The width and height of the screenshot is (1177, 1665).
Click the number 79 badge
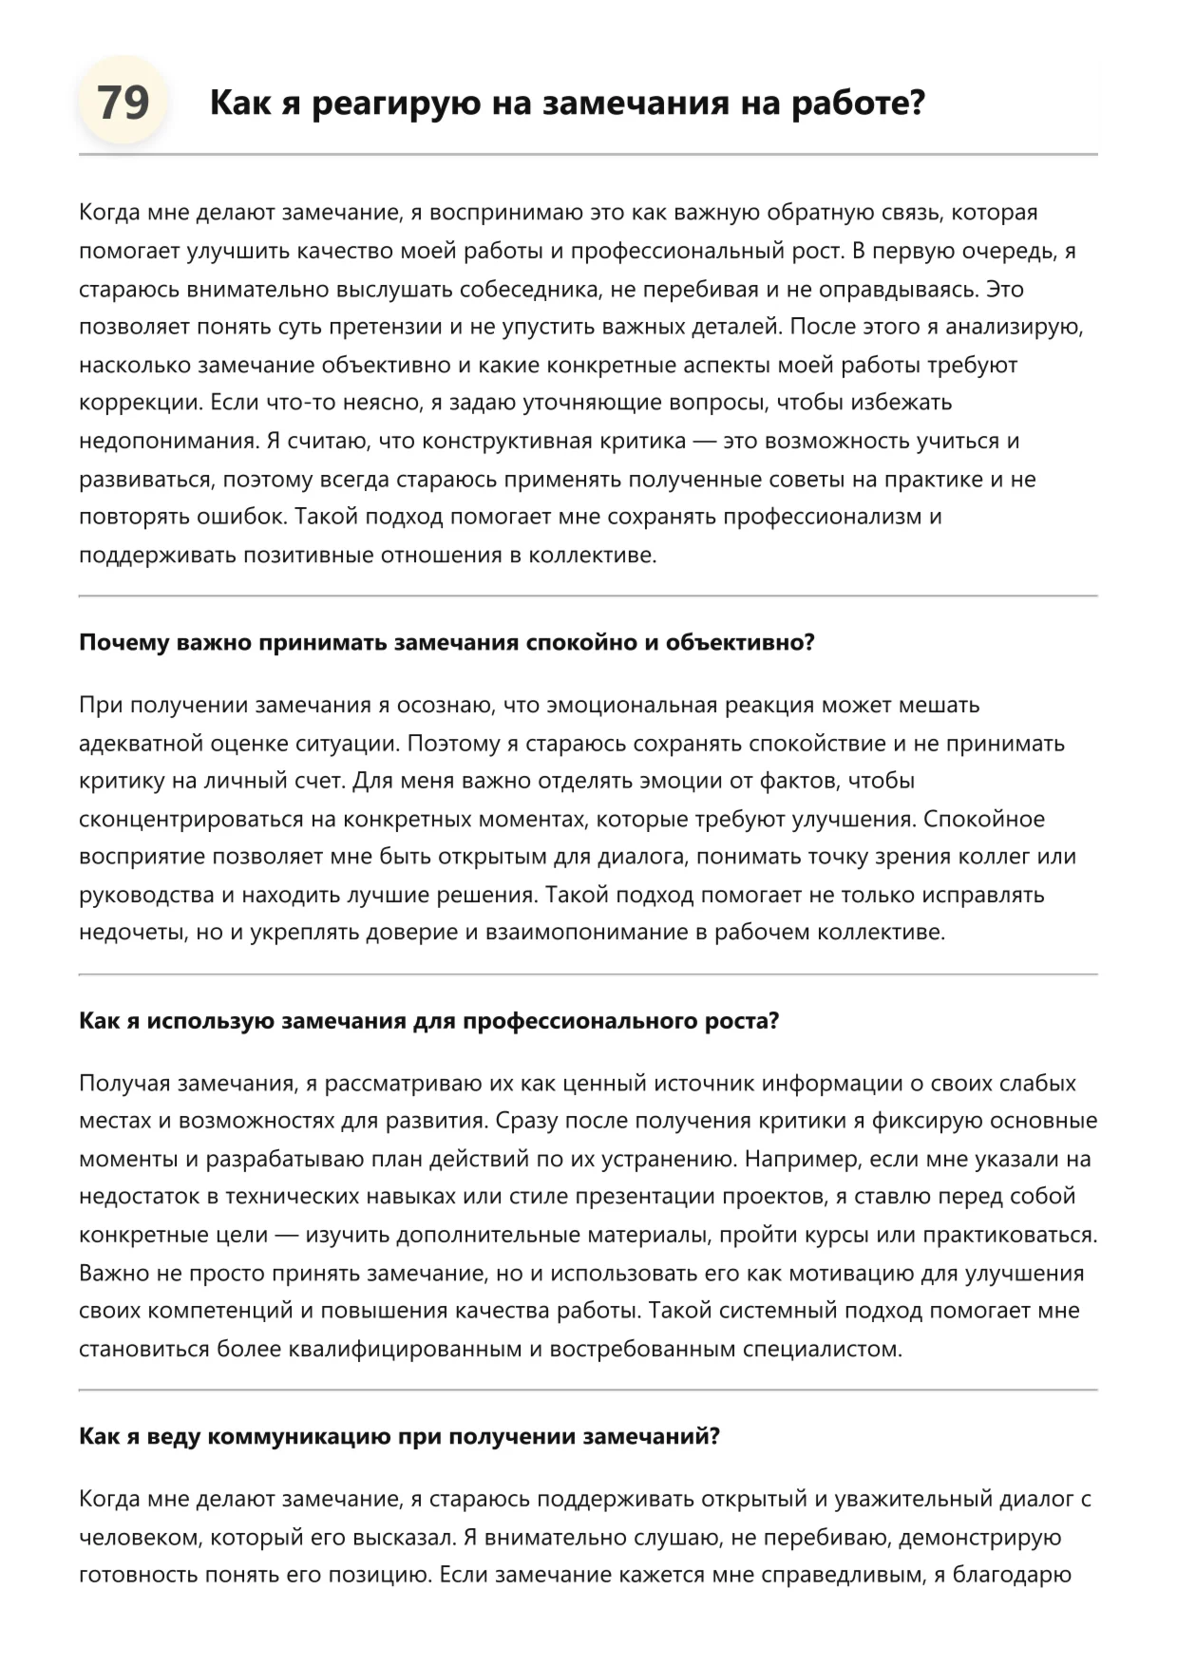tap(123, 102)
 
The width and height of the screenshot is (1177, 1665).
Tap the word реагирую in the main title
tap(396, 103)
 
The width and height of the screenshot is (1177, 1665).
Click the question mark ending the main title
tap(916, 103)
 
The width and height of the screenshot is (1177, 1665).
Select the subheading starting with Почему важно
tap(446, 643)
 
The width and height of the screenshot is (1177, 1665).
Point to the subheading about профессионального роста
tap(428, 1021)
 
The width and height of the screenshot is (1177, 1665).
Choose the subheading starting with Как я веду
tap(399, 1436)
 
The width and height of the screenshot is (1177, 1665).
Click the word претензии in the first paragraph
tap(386, 328)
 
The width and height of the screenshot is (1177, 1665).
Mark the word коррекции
tap(140, 404)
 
